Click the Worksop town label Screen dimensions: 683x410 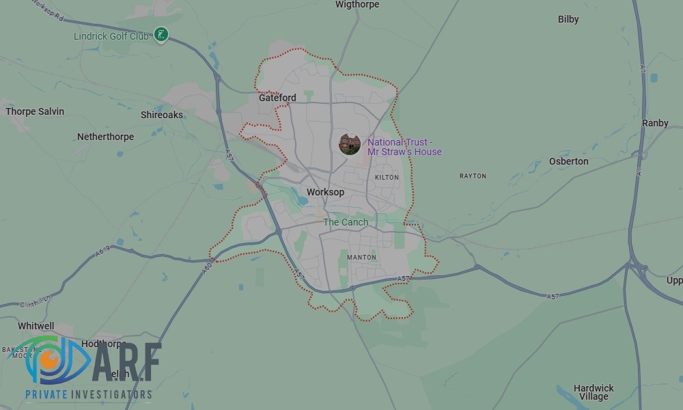click(x=325, y=192)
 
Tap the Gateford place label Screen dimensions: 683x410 click(x=277, y=98)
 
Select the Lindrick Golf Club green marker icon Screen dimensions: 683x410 click(x=161, y=34)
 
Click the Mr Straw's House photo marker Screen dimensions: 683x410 click(x=350, y=144)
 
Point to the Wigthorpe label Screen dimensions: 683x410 click(x=357, y=5)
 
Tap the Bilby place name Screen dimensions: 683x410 click(x=568, y=19)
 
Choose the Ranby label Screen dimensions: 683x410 click(x=655, y=123)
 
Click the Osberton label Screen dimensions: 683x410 click(x=568, y=161)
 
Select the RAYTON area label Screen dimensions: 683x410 click(x=473, y=176)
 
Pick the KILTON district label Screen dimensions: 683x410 click(x=387, y=178)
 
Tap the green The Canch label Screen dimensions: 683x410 click(x=346, y=222)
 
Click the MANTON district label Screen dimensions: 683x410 click(x=361, y=258)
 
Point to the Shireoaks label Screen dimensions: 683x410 click(x=162, y=115)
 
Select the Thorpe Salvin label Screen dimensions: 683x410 click(x=35, y=111)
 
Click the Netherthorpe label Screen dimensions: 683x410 click(x=105, y=137)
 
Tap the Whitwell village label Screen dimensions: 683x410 click(x=36, y=327)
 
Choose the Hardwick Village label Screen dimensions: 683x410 click(x=594, y=392)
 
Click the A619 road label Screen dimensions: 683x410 click(x=103, y=251)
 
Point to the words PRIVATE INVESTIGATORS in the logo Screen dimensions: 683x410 click(x=88, y=395)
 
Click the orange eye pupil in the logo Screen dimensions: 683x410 click(x=48, y=357)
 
